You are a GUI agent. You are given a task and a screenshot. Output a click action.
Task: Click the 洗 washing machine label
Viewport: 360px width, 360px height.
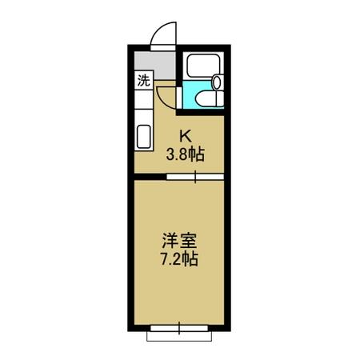pos(143,79)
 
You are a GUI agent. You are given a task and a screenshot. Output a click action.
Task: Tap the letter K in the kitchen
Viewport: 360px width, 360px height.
pos(185,136)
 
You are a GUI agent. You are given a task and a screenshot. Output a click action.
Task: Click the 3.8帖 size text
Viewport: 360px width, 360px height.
pos(185,154)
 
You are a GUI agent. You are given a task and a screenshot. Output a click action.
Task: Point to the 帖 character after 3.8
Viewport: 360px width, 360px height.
pos(197,154)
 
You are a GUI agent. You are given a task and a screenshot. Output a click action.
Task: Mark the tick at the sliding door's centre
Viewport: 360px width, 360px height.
pos(195,178)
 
